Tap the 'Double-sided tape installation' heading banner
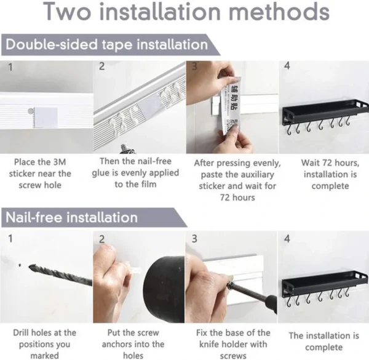(x=105, y=44)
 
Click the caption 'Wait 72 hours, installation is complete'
(x=321, y=175)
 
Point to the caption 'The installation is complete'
(x=321, y=342)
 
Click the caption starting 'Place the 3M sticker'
(x=45, y=174)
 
